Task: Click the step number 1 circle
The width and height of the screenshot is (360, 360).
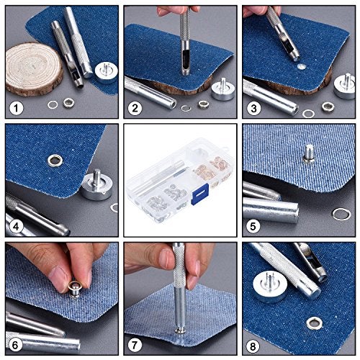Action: [x=17, y=109]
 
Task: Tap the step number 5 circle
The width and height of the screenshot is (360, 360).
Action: [x=253, y=226]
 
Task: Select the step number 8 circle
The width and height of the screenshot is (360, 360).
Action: [x=253, y=346]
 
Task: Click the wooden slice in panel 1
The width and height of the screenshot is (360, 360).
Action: [x=34, y=69]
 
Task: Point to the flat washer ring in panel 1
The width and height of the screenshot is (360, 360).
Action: [x=53, y=104]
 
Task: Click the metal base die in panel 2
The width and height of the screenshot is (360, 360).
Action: [x=223, y=89]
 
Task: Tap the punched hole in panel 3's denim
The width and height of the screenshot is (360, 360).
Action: [x=301, y=67]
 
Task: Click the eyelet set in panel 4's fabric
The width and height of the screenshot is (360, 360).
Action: [x=55, y=161]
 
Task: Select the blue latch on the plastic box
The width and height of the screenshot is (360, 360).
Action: [x=199, y=194]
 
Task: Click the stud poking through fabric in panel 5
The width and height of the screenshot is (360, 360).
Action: [x=309, y=153]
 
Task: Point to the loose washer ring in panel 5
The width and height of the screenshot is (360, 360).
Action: [x=341, y=214]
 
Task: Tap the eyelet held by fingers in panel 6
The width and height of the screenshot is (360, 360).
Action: [x=75, y=289]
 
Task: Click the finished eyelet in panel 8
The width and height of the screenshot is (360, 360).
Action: [x=314, y=323]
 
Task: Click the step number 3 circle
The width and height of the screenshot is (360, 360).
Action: [x=253, y=109]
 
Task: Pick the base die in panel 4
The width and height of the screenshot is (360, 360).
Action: [x=96, y=185]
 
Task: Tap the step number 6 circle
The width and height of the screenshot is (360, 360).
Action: [x=15, y=346]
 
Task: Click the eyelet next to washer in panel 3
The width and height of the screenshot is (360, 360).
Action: [x=328, y=107]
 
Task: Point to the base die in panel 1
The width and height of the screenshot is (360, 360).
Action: [x=107, y=72]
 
